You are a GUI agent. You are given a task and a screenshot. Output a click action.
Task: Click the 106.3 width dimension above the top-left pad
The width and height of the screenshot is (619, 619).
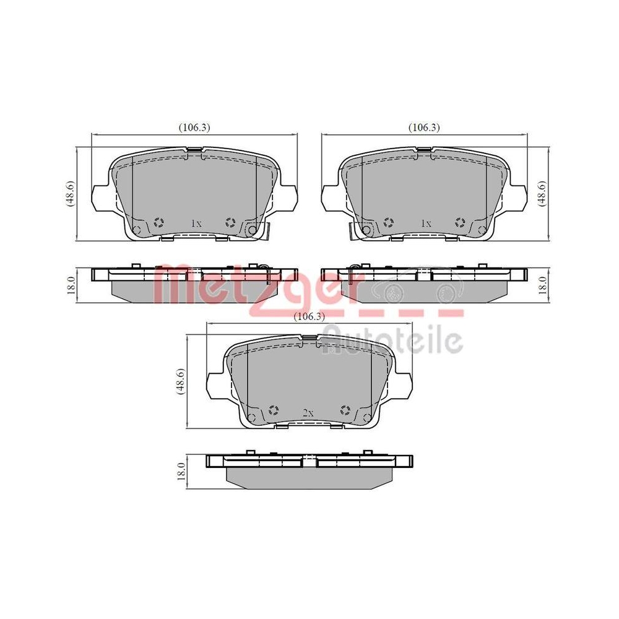coord(195,128)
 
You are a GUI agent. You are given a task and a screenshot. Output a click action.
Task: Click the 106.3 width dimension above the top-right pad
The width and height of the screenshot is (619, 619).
coord(424,128)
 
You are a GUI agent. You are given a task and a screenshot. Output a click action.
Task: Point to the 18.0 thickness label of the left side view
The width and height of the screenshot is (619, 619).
coord(71,285)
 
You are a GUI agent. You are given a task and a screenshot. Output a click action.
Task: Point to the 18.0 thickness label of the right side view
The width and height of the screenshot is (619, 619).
coord(543,285)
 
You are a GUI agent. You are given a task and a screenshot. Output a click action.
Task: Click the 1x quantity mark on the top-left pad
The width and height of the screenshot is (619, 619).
coord(196,223)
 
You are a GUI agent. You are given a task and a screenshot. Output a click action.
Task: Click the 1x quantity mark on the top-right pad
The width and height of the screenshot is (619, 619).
coord(426,223)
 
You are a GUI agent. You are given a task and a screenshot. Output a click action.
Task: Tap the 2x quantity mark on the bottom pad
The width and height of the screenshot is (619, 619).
coord(309,412)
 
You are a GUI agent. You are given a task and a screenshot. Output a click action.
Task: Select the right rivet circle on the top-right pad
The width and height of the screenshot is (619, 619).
coord(460,222)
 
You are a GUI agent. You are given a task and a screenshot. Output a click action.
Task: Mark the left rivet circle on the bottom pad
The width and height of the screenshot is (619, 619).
coord(274,410)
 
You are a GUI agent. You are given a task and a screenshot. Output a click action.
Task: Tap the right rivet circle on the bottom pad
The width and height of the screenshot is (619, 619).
coord(345,410)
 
